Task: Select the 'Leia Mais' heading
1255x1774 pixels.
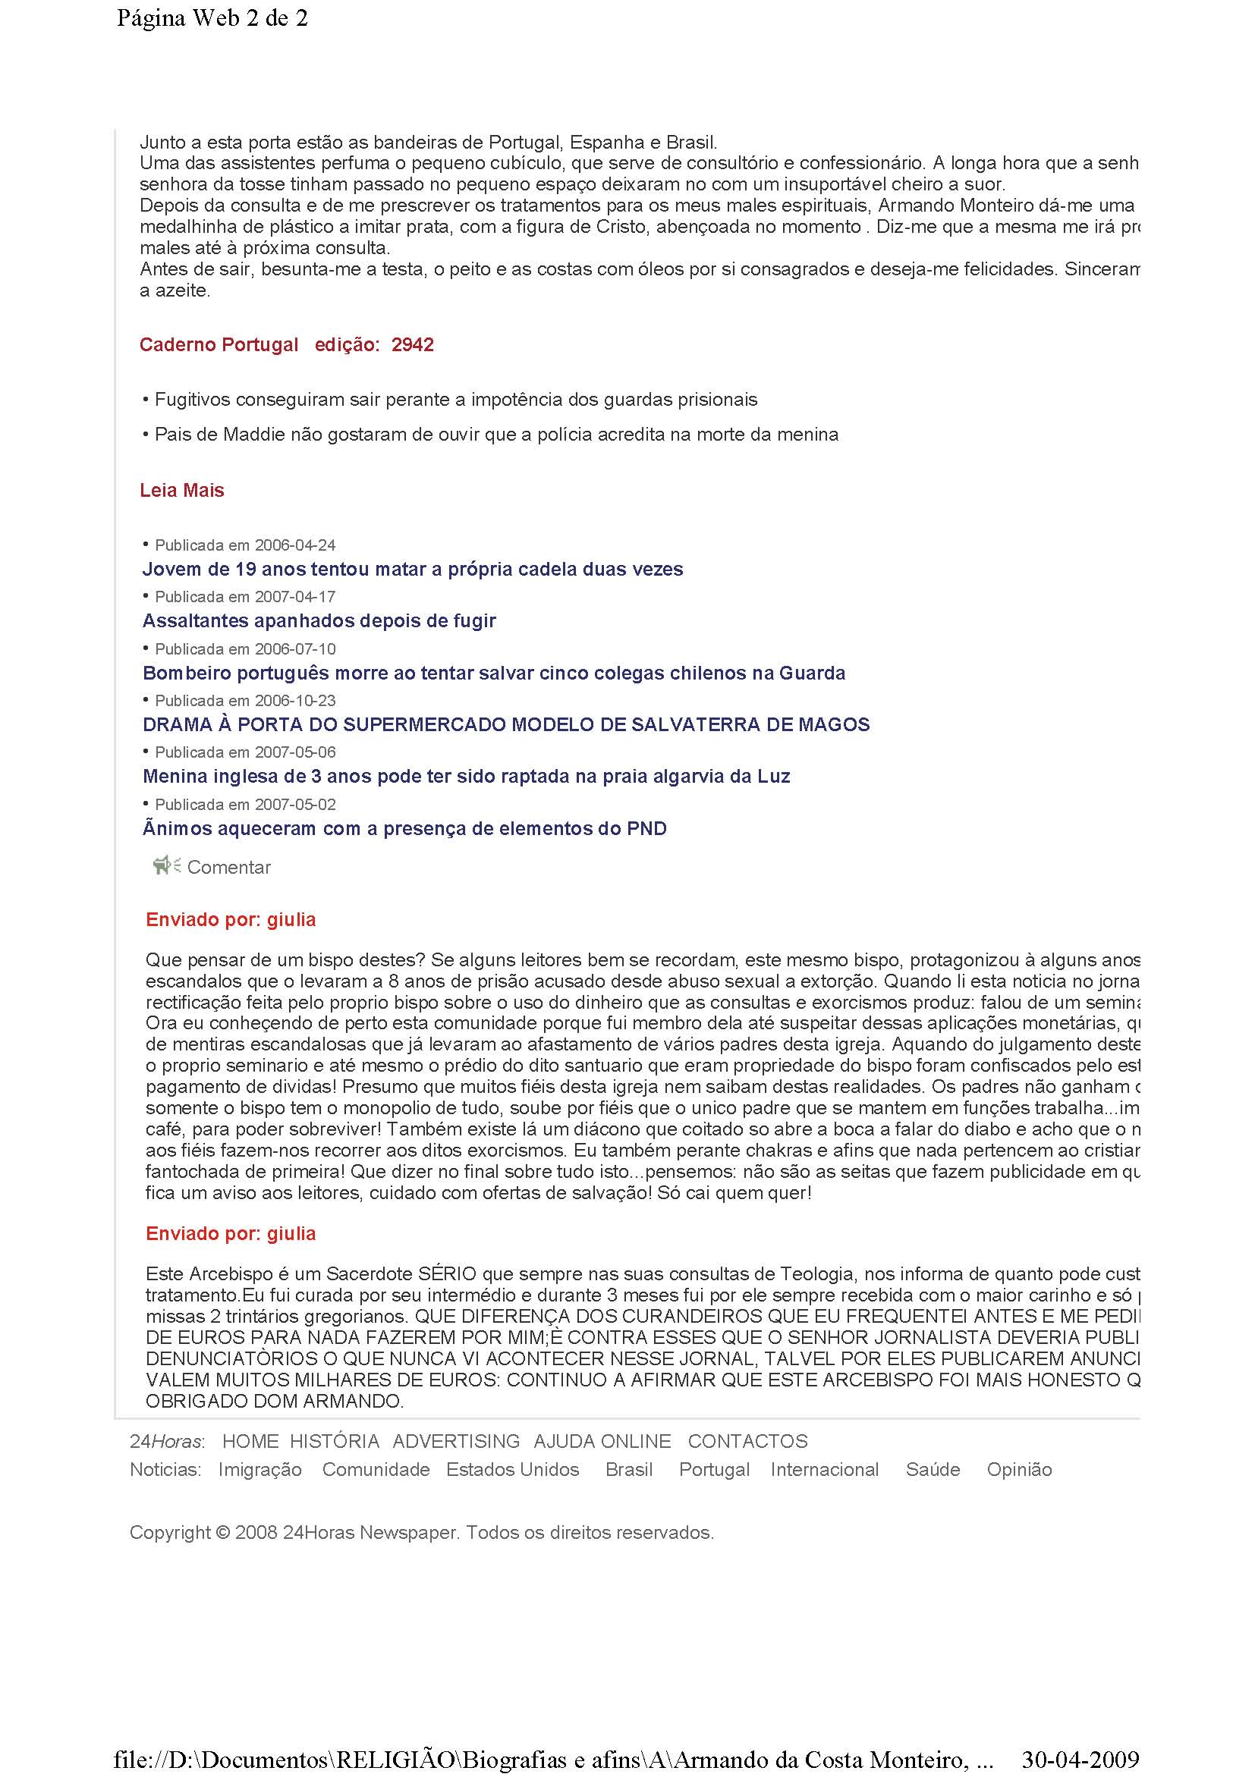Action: tap(181, 490)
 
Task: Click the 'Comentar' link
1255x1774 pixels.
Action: tap(228, 867)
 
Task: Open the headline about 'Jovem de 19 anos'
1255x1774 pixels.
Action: tap(413, 570)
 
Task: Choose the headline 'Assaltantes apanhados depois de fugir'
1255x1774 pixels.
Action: tap(319, 620)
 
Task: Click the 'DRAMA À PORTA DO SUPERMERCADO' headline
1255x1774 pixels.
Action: tap(506, 724)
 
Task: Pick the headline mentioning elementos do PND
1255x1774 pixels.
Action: tap(404, 828)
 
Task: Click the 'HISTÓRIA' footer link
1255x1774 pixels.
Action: tap(335, 1441)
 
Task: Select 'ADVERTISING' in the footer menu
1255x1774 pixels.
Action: tap(456, 1441)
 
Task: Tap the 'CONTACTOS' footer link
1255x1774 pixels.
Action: tap(747, 1441)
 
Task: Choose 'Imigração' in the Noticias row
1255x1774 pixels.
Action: tap(259, 1470)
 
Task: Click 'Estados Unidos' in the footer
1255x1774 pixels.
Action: tap(512, 1470)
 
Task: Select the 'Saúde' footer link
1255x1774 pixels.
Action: tap(933, 1470)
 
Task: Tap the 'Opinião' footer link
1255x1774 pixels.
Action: tap(1019, 1470)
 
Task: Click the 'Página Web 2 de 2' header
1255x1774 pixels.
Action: tap(212, 17)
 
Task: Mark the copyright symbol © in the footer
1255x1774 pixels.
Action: tap(222, 1532)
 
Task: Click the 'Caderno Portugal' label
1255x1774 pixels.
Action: tap(219, 344)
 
